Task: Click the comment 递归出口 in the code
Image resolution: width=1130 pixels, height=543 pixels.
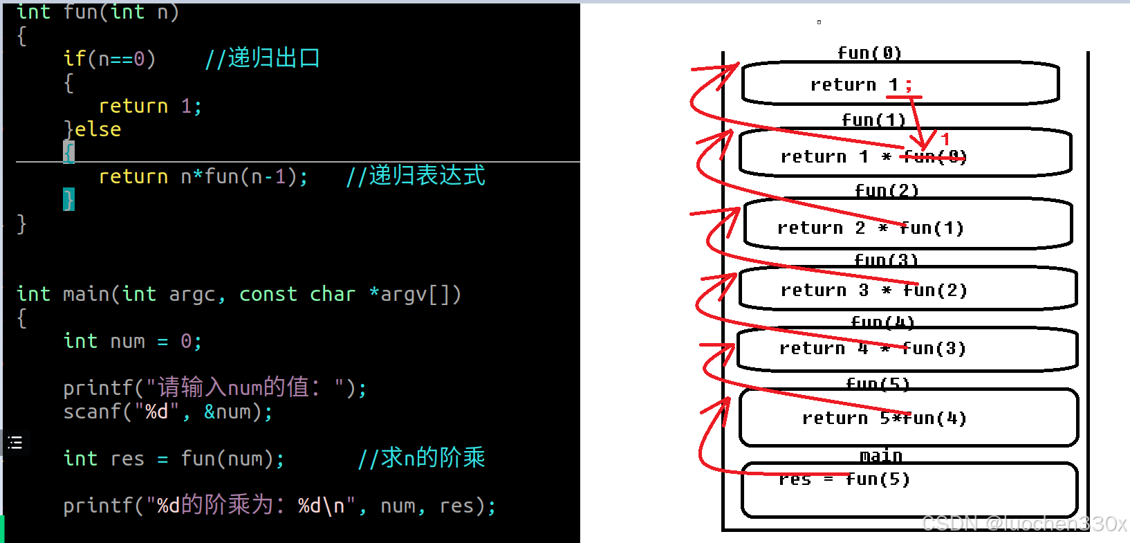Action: [263, 58]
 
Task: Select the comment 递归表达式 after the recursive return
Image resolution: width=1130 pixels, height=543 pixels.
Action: [416, 176]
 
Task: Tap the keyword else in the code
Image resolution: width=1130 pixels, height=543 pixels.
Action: [98, 129]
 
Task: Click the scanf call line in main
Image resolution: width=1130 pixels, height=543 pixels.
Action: [168, 412]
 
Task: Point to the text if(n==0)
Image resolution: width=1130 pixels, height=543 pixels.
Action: [109, 59]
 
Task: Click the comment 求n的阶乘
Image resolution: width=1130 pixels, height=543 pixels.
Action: [421, 457]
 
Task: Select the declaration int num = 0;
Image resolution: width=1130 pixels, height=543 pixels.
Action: [132, 341]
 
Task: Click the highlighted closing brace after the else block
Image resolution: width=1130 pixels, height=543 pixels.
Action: [68, 199]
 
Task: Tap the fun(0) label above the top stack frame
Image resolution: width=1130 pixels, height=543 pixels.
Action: [869, 53]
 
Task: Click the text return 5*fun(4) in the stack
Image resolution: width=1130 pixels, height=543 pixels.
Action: [884, 418]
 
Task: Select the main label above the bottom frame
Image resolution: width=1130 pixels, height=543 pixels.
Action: [880, 456]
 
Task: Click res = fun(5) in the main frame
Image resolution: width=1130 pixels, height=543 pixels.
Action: [844, 479]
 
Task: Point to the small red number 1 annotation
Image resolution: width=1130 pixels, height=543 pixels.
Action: [945, 139]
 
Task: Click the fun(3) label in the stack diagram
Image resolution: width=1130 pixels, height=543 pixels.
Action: [886, 260]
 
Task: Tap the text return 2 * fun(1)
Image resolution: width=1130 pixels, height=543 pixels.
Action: [870, 228]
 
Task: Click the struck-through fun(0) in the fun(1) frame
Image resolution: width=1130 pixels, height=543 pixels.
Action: [935, 157]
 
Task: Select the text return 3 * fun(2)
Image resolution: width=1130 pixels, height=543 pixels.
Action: [873, 290]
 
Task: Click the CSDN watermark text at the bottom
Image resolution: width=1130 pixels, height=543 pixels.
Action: [1024, 524]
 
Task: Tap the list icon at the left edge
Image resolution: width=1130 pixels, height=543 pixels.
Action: [15, 443]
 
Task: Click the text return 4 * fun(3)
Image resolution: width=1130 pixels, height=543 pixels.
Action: [872, 348]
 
